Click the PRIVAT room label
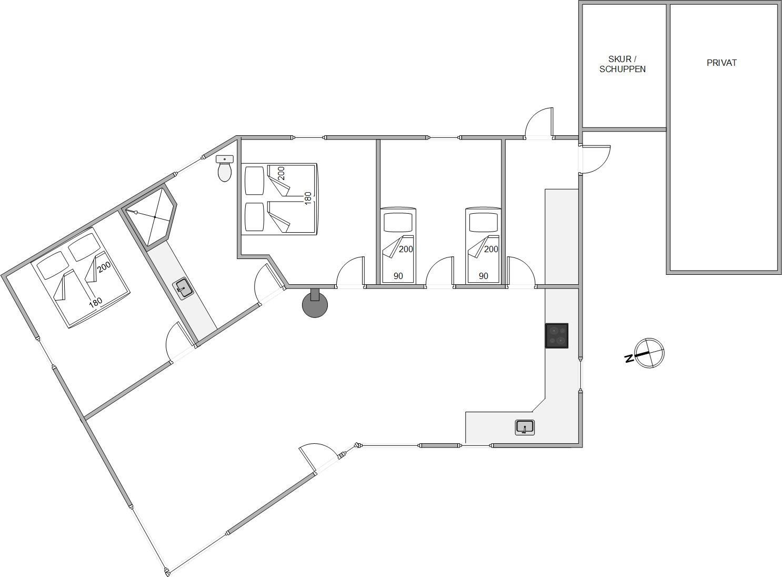[721, 63]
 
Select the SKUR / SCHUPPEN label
[622, 64]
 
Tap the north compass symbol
[649, 353]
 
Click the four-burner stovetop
[556, 335]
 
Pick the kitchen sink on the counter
[525, 427]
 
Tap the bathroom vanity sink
[184, 288]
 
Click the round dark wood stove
[315, 305]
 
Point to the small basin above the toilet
[225, 158]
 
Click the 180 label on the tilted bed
[95, 303]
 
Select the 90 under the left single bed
[398, 276]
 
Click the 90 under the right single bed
[483, 276]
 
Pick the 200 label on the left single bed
[406, 249]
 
